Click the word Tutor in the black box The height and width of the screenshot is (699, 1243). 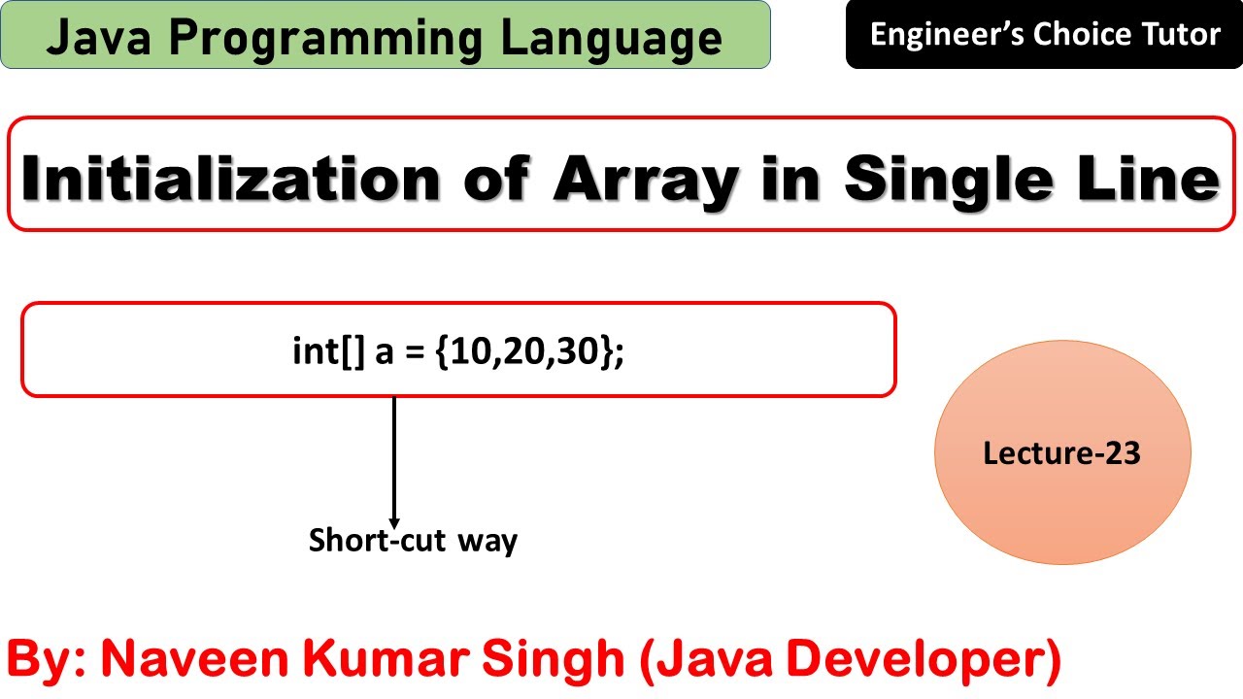point(1181,35)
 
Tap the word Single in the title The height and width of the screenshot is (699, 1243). point(941,179)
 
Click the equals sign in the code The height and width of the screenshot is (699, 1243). point(416,352)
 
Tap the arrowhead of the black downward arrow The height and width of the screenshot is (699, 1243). point(394,521)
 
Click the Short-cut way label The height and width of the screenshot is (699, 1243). point(413,540)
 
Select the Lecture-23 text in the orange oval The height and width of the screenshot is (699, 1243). point(1061,452)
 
